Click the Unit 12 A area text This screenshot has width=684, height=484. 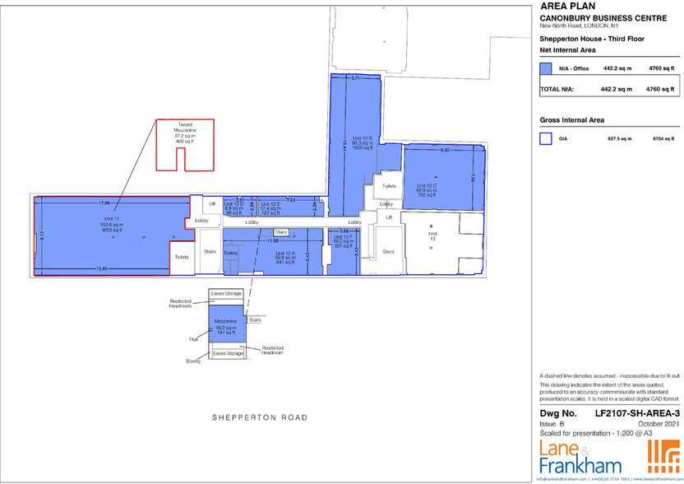(x=284, y=257)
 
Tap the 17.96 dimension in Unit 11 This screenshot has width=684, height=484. (x=104, y=202)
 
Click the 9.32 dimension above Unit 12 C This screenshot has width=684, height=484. (x=445, y=151)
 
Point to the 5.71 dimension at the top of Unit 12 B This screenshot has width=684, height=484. (x=355, y=78)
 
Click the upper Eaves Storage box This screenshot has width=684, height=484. (x=225, y=294)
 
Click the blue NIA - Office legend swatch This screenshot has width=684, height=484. (x=544, y=69)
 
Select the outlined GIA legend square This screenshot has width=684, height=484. (x=544, y=139)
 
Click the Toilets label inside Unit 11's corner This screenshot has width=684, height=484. (x=181, y=257)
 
